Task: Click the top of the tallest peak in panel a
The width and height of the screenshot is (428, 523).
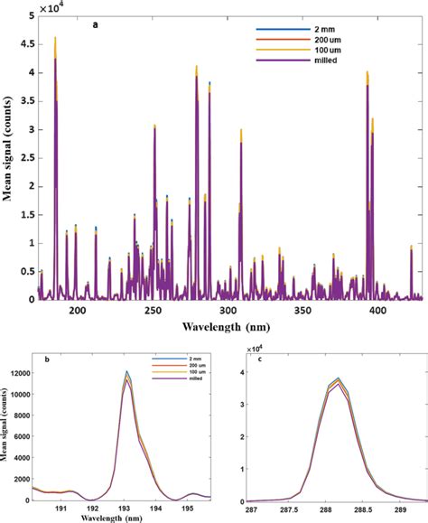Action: tap(55, 38)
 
